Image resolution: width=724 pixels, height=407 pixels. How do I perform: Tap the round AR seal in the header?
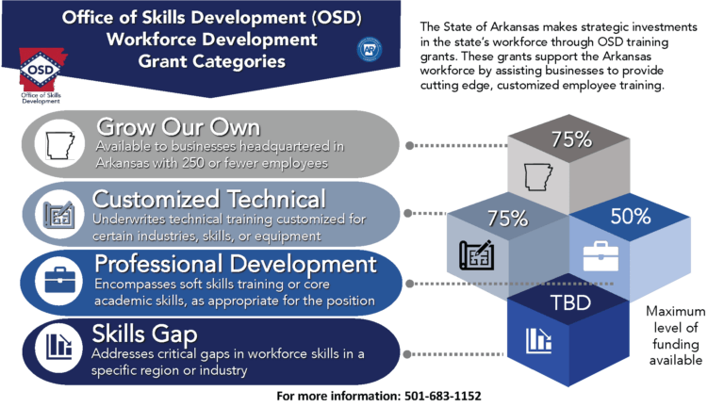pyautogui.click(x=369, y=50)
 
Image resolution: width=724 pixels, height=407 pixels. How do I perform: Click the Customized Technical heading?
pyautogui.click(x=209, y=199)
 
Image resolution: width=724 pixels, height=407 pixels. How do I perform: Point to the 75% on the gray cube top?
pyautogui.click(x=571, y=140)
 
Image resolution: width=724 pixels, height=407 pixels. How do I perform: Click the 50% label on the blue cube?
pyautogui.click(x=631, y=216)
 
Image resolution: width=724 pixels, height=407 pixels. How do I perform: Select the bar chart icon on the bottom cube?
pyautogui.click(x=540, y=338)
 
